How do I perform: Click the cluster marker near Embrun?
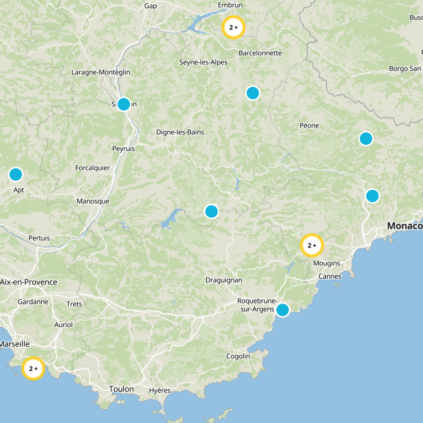pyautogui.click(x=233, y=27)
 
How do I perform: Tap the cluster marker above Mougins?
pyautogui.click(x=311, y=245)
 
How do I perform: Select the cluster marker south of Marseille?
pyautogui.click(x=33, y=368)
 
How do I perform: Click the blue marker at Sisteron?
pyautogui.click(x=124, y=104)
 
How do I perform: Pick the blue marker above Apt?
pyautogui.click(x=16, y=174)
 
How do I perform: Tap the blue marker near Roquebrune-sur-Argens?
pyautogui.click(x=282, y=310)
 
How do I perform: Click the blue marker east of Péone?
pyautogui.click(x=366, y=139)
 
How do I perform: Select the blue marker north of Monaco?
pyautogui.click(x=372, y=196)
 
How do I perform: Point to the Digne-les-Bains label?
pyautogui.click(x=180, y=132)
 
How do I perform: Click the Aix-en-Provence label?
pyautogui.click(x=29, y=282)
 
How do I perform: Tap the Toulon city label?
pyautogui.click(x=122, y=389)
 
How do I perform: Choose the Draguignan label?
pyautogui.click(x=224, y=280)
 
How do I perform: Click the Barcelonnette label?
pyautogui.click(x=260, y=53)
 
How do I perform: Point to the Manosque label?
pyautogui.click(x=93, y=201)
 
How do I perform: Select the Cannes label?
pyautogui.click(x=330, y=277)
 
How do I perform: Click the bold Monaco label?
pyautogui.click(x=405, y=226)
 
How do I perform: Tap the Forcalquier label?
pyautogui.click(x=93, y=168)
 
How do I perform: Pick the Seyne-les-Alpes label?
pyautogui.click(x=204, y=62)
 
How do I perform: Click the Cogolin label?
pyautogui.click(x=238, y=356)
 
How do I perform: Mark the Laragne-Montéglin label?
pyautogui.click(x=100, y=72)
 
